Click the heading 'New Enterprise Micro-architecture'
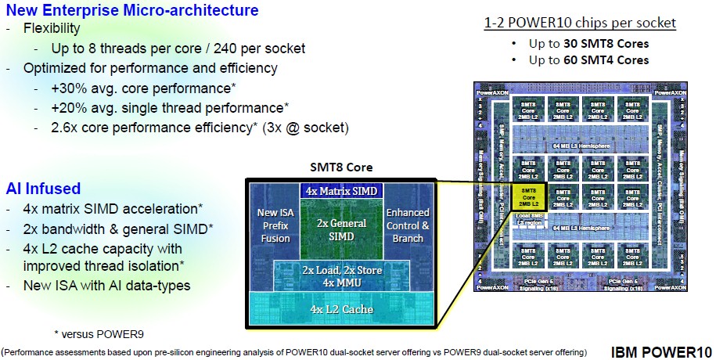coord(131,10)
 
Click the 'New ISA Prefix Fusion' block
coord(274,226)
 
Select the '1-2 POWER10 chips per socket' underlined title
coord(579,23)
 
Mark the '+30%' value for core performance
coord(69,88)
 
